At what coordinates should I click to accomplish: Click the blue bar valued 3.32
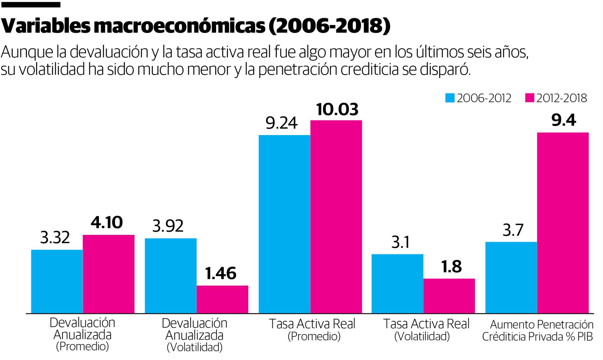[x=57, y=281]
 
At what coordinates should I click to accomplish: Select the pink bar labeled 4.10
[x=109, y=274]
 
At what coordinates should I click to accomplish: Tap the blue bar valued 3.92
[x=171, y=276]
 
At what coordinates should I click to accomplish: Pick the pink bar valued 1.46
[x=223, y=299]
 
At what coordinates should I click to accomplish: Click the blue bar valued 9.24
[x=284, y=224]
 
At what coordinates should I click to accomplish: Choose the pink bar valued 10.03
[x=336, y=216]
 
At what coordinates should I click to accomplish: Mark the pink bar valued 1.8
[x=449, y=296]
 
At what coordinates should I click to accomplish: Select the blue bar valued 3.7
[x=511, y=277]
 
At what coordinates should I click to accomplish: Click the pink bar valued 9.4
[x=563, y=223]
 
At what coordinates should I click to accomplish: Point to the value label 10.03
[x=337, y=109]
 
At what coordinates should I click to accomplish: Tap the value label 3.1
[x=400, y=242]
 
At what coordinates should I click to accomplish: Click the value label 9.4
[x=564, y=120]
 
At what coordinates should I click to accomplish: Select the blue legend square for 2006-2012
[x=450, y=98]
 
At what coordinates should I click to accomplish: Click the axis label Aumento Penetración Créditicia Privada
[x=538, y=330]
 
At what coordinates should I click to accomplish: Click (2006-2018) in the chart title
[x=329, y=26]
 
